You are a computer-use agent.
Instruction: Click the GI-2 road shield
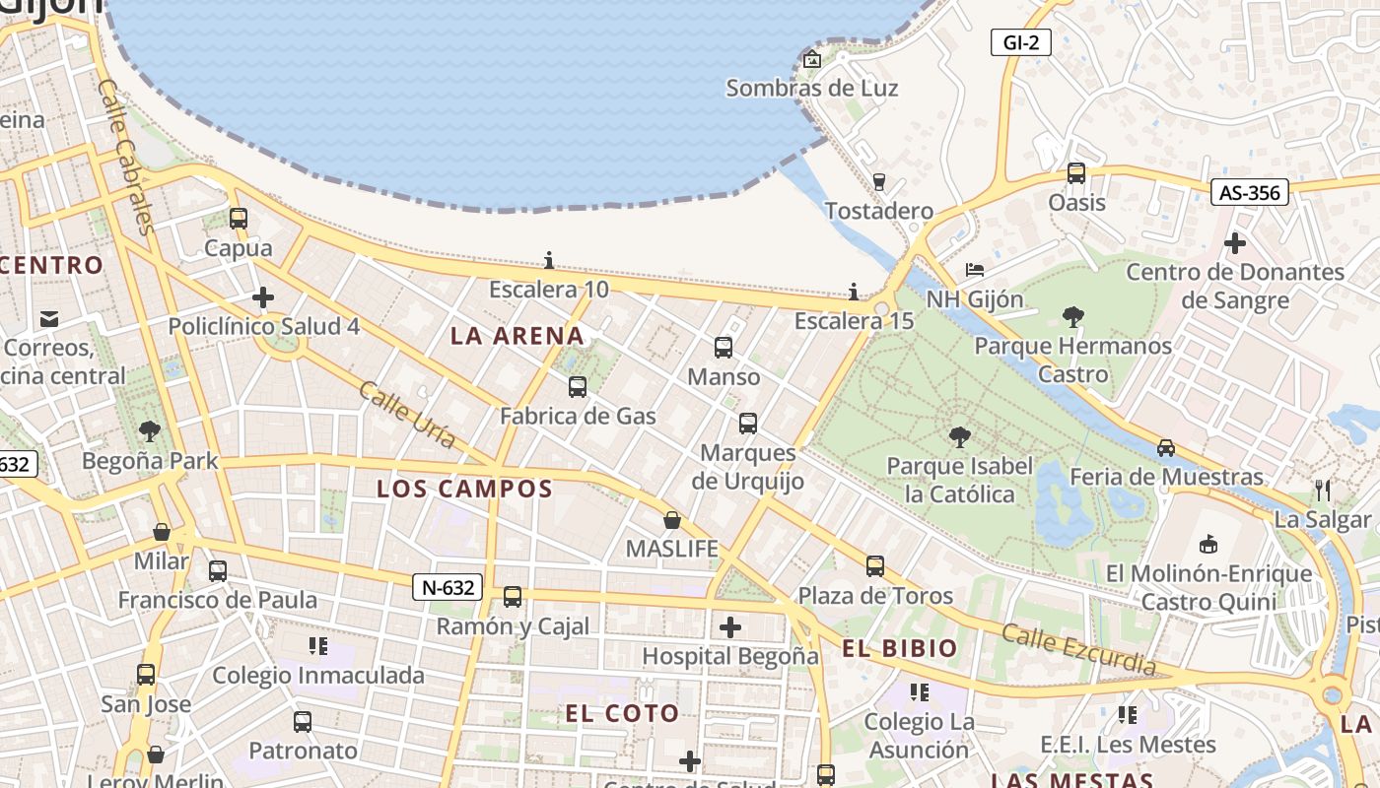click(x=1021, y=42)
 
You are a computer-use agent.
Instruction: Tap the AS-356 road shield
click(x=1249, y=192)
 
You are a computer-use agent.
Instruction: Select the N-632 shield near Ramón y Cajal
click(x=448, y=588)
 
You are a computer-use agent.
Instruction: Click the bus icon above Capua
click(x=239, y=219)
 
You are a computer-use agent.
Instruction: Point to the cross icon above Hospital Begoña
click(x=730, y=627)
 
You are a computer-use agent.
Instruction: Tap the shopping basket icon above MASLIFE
click(x=672, y=520)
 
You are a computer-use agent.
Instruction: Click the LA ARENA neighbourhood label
click(x=517, y=336)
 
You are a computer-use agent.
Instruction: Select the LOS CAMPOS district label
click(x=464, y=489)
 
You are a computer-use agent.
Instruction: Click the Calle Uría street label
click(x=407, y=415)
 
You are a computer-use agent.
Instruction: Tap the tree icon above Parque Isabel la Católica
click(x=958, y=437)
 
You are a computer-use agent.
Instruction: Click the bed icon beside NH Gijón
click(x=975, y=270)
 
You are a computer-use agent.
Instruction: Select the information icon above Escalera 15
click(x=854, y=292)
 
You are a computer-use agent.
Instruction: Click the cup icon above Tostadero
click(x=879, y=181)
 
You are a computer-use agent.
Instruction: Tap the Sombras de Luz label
click(x=812, y=88)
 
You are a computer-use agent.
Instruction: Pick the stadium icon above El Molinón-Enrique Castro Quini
click(x=1208, y=544)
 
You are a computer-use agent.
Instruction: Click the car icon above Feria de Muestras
click(x=1166, y=447)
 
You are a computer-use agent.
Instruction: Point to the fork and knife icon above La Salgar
click(x=1323, y=490)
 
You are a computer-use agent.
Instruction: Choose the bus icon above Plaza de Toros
click(x=875, y=566)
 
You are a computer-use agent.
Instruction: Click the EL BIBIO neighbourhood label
click(x=900, y=648)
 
